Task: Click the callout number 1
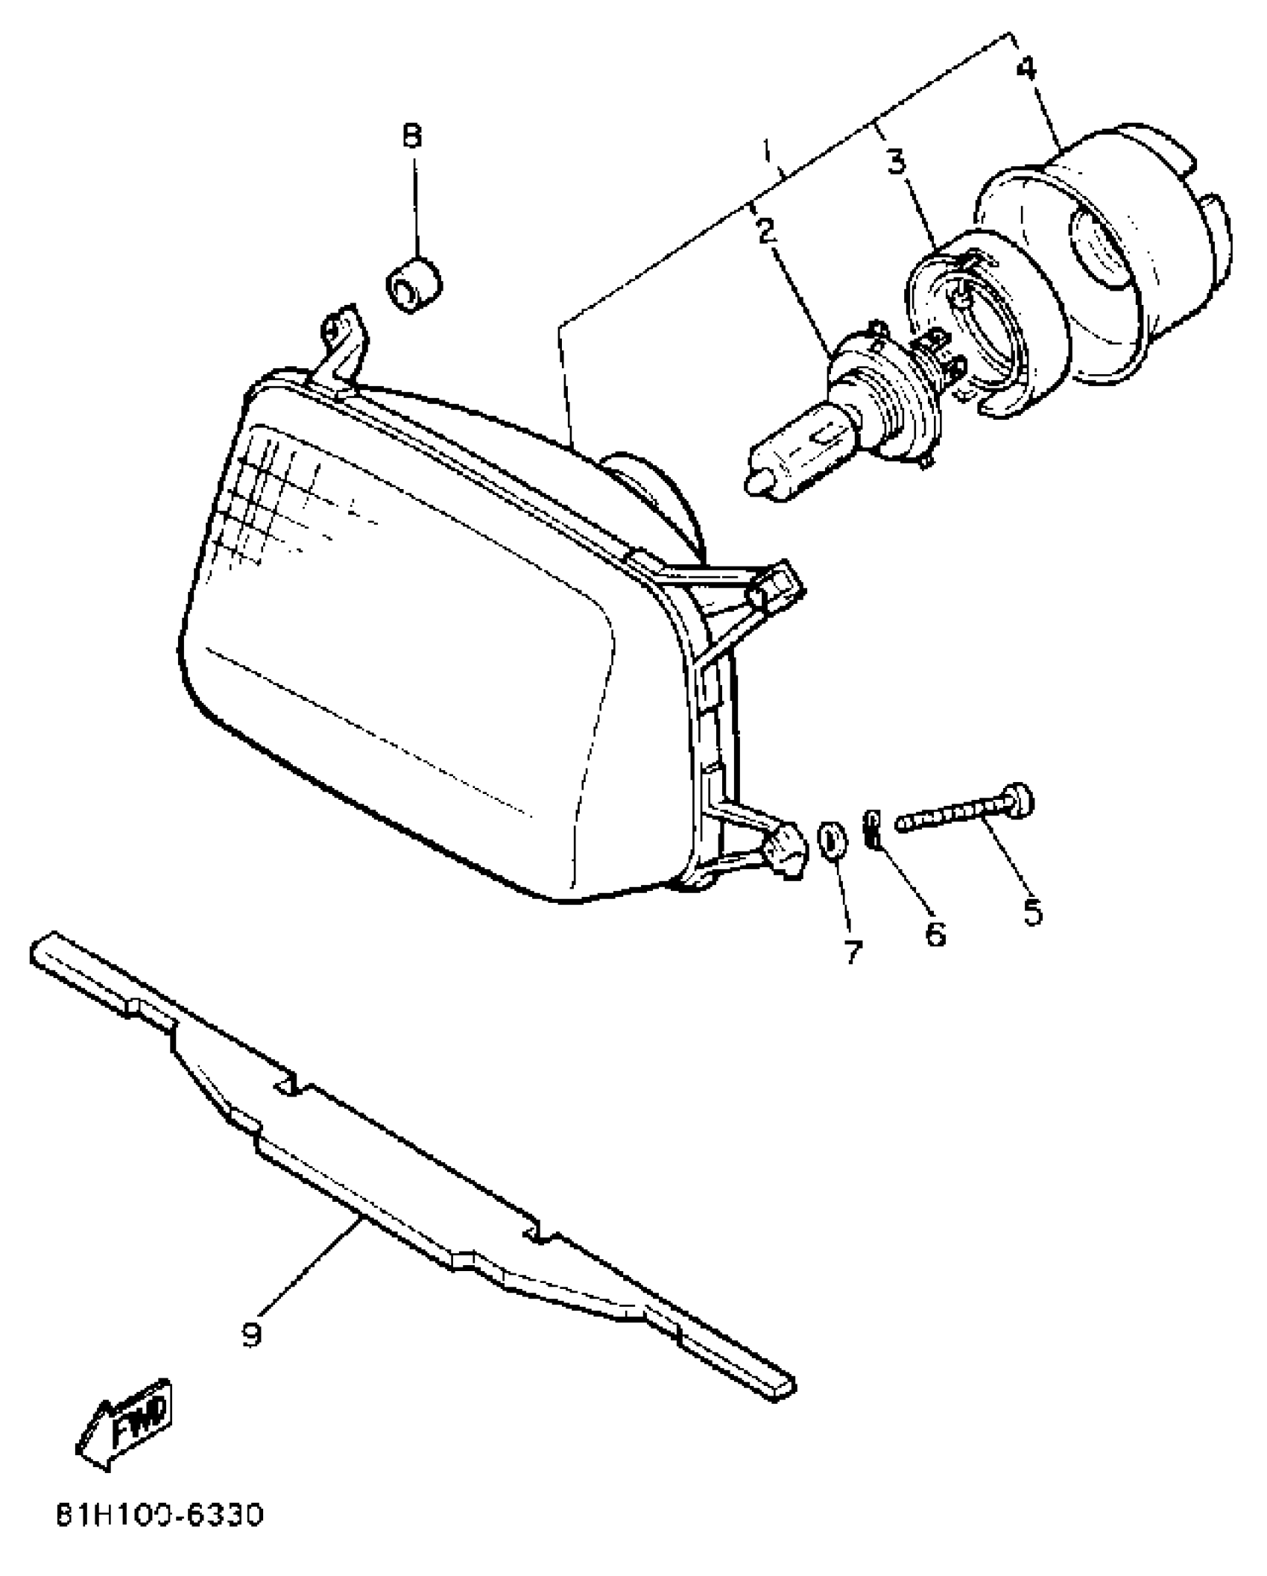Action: point(767,154)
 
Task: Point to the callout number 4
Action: point(1026,69)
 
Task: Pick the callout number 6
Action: point(935,933)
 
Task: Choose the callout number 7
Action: point(854,952)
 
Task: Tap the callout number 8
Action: point(412,136)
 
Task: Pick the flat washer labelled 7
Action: point(832,839)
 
